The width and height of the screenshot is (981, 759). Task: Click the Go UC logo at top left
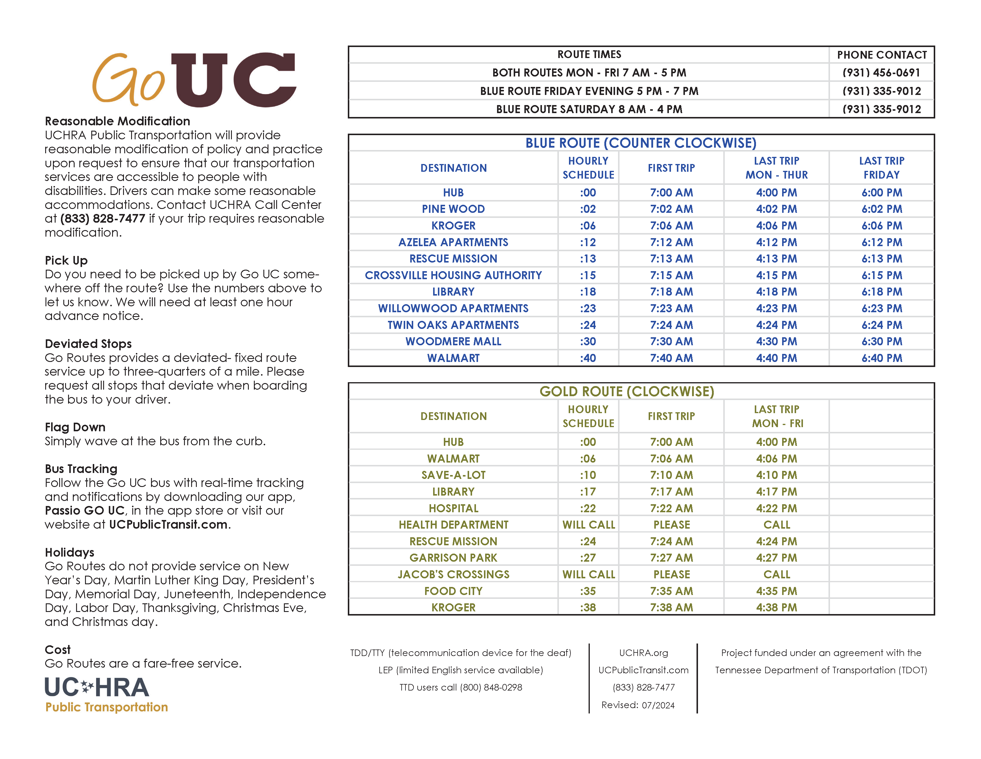pos(194,79)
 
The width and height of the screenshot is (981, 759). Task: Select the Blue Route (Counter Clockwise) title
pos(641,143)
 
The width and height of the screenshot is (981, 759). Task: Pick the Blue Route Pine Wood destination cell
pos(453,209)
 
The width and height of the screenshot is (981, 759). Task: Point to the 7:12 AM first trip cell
pos(671,242)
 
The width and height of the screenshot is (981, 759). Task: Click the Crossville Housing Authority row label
pos(453,275)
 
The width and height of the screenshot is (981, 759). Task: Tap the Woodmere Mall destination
pos(453,342)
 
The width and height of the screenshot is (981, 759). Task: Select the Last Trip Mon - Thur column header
pos(776,168)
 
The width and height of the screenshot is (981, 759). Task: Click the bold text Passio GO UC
pos(84,511)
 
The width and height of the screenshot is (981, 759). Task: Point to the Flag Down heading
pos(75,427)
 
